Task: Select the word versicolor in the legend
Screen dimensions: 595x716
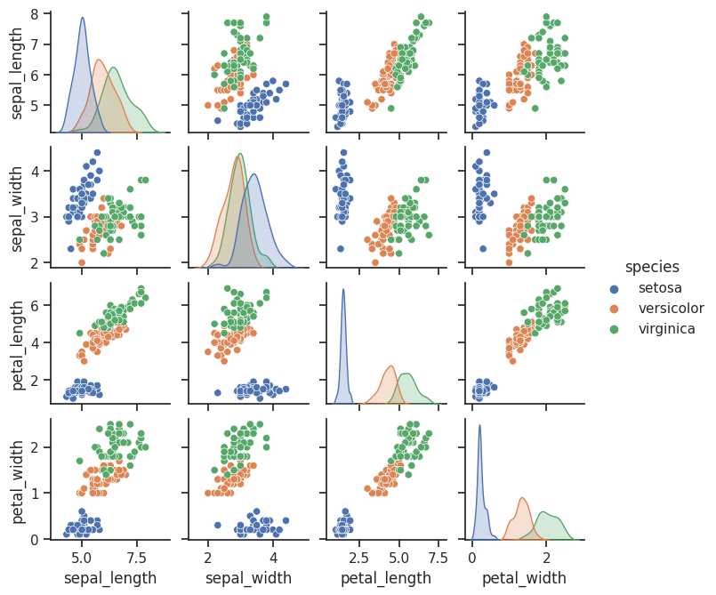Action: [x=670, y=309]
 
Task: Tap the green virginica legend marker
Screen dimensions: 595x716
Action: [x=612, y=329]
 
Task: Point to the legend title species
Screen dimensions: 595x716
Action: [x=652, y=267]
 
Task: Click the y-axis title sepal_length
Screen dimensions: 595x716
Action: [x=18, y=72]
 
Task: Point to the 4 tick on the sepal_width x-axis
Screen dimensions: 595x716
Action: [x=273, y=558]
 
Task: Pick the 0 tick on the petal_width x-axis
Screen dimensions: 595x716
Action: [x=472, y=558]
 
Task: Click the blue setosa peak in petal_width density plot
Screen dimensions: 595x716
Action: [x=479, y=426]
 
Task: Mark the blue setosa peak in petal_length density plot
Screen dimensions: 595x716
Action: [x=343, y=290]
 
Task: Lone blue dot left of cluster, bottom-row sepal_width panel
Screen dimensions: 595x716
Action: [x=217, y=525]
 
